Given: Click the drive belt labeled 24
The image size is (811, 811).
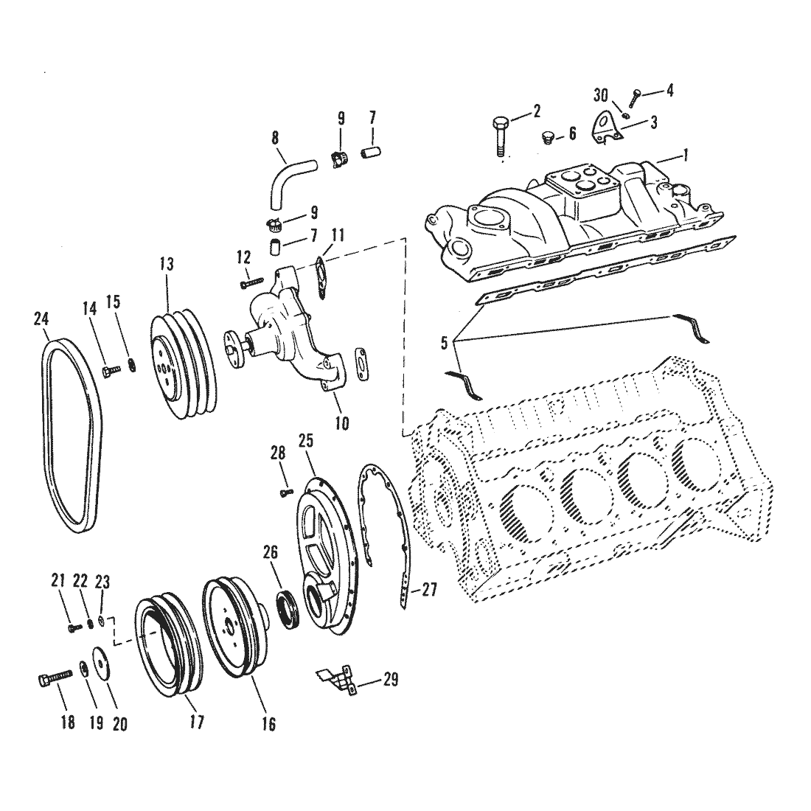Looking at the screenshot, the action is [48, 434].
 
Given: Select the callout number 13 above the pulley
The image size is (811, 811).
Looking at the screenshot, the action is [167, 264].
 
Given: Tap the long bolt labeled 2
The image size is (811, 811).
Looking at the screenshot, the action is [498, 136].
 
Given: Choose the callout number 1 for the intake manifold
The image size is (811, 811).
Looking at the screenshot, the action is [686, 154].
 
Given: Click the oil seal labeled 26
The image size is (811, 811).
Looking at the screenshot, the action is [286, 611].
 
